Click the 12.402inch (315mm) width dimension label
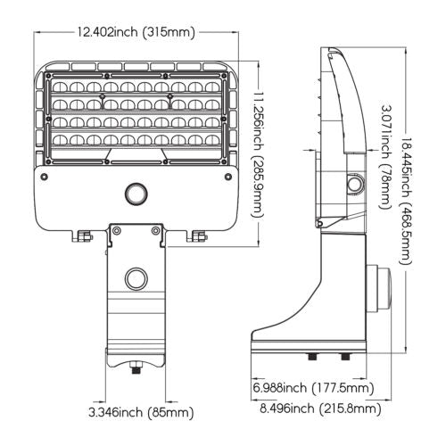click(136, 32)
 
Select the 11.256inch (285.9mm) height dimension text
click(258, 153)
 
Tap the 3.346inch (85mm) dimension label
click(141, 412)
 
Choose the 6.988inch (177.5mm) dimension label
click(313, 388)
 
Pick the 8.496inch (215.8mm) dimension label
click(320, 409)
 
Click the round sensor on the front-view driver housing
click(136, 194)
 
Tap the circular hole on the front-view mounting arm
click(136, 278)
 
